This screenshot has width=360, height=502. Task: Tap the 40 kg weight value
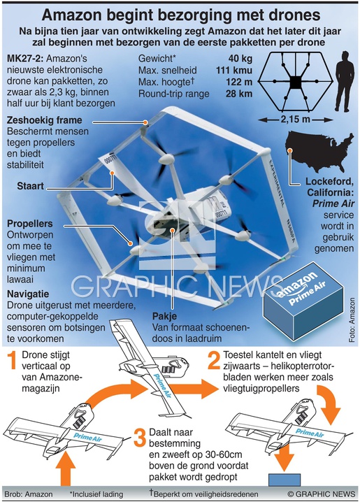(x=240, y=59)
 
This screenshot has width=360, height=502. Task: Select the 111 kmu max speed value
(x=234, y=71)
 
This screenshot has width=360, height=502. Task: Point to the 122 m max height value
(x=239, y=83)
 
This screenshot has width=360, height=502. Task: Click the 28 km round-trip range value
(x=239, y=94)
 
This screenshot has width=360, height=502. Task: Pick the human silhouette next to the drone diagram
(x=344, y=81)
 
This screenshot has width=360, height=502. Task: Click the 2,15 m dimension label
(x=296, y=120)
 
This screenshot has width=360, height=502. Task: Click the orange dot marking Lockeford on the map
(x=290, y=150)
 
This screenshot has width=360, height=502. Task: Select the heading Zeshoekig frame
(x=45, y=120)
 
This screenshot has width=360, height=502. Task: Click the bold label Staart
(x=30, y=186)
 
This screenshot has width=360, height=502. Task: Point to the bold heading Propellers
(x=30, y=224)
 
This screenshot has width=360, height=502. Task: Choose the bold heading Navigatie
(x=28, y=294)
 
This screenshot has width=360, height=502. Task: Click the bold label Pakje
(x=164, y=316)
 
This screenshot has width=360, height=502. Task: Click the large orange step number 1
(x=11, y=359)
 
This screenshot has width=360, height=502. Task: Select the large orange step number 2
(x=214, y=359)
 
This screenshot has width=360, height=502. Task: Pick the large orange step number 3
(x=140, y=438)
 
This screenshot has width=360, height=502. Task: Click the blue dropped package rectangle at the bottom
(x=285, y=480)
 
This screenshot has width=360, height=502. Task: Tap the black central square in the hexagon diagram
(x=296, y=83)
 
